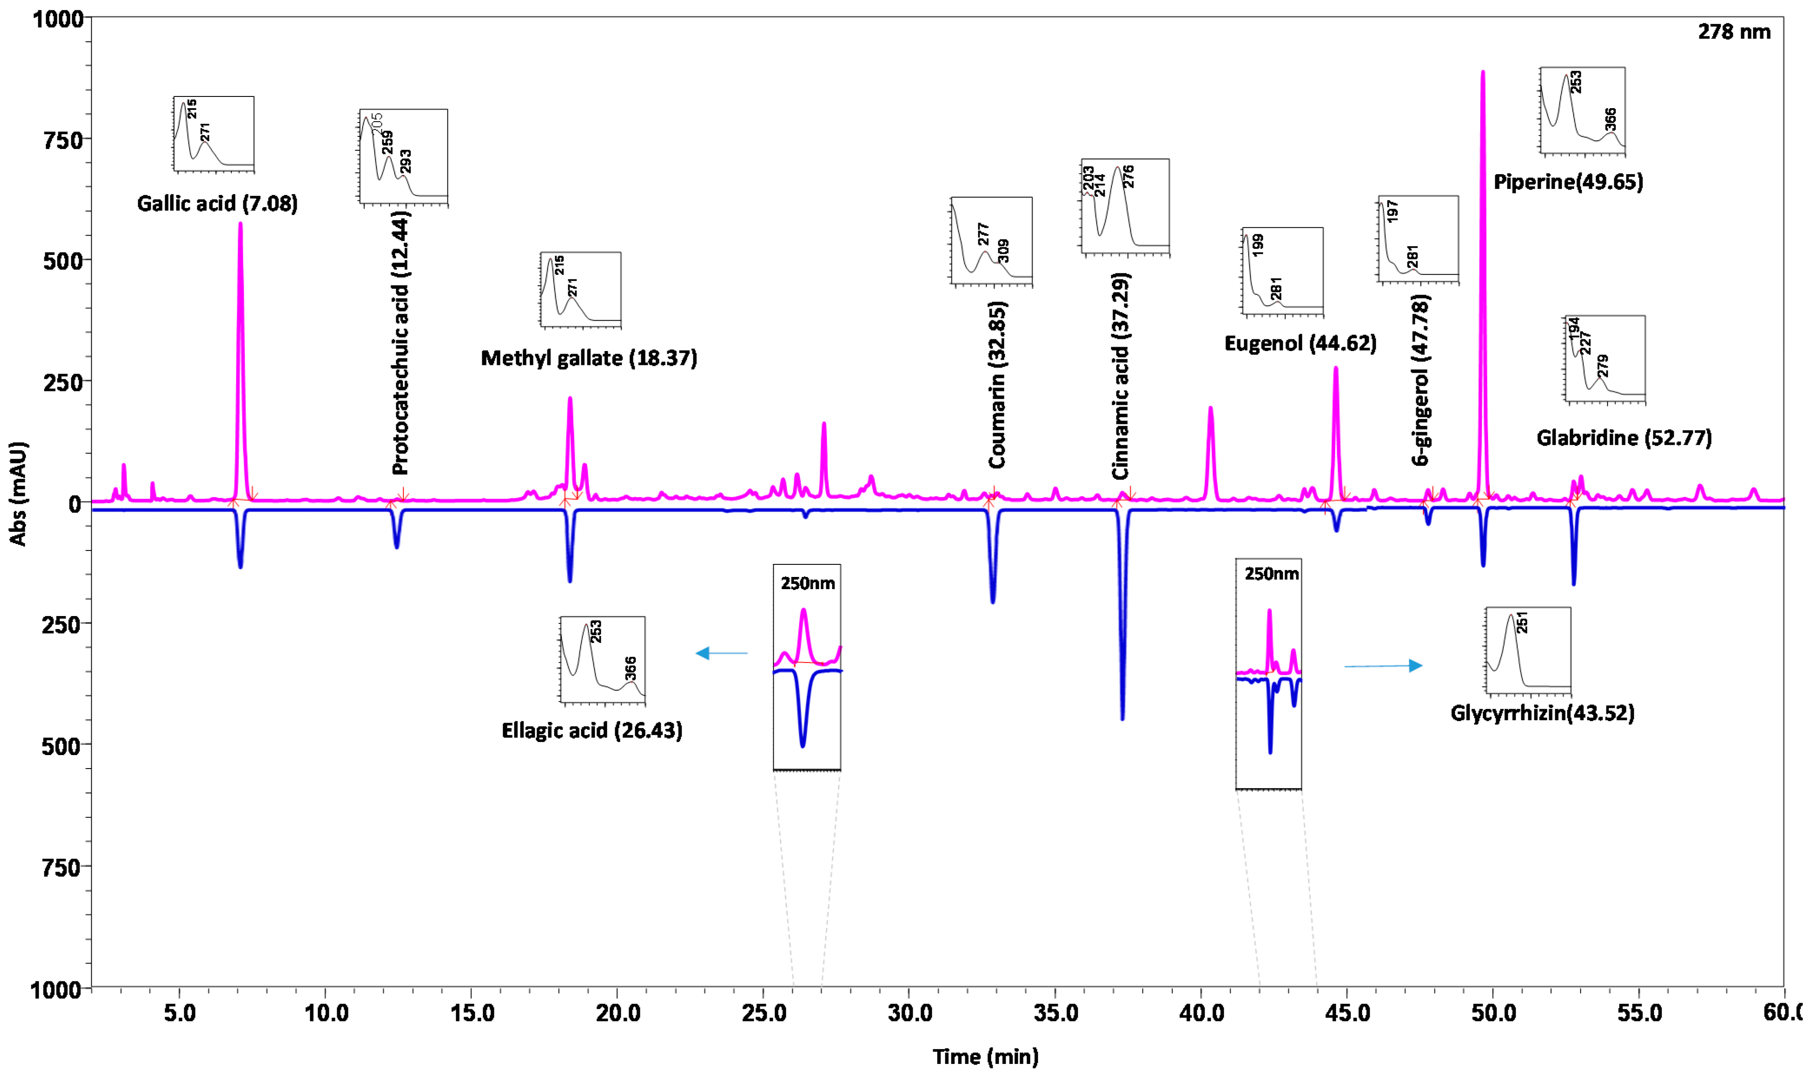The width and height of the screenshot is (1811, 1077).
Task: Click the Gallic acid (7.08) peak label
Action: (x=217, y=203)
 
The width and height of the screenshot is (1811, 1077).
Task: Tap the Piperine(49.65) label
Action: (x=1567, y=182)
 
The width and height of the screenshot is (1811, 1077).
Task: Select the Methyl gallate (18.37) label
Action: (x=589, y=358)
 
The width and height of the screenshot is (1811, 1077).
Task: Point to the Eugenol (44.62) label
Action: (x=1300, y=343)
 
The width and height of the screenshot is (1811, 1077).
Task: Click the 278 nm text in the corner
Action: (x=1733, y=32)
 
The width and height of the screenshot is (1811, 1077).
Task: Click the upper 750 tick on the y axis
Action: (x=64, y=139)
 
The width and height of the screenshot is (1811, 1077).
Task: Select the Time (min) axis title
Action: (x=985, y=1057)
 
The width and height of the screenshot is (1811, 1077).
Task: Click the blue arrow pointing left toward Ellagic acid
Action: (x=721, y=653)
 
